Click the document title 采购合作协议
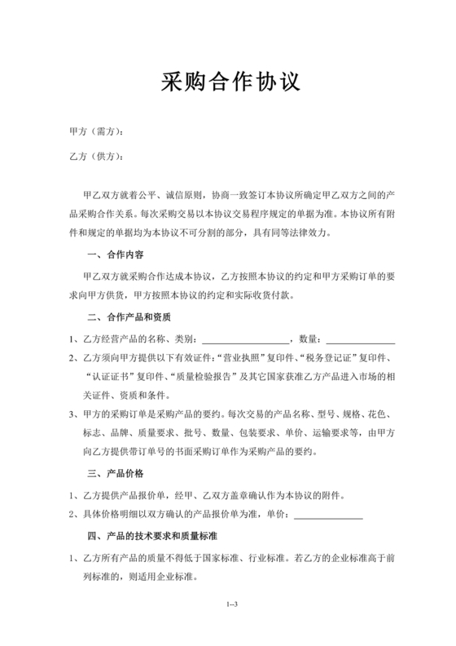tap(227, 81)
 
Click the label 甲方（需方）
tap(95, 132)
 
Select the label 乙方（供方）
tap(95, 157)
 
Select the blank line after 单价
tap(327, 515)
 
